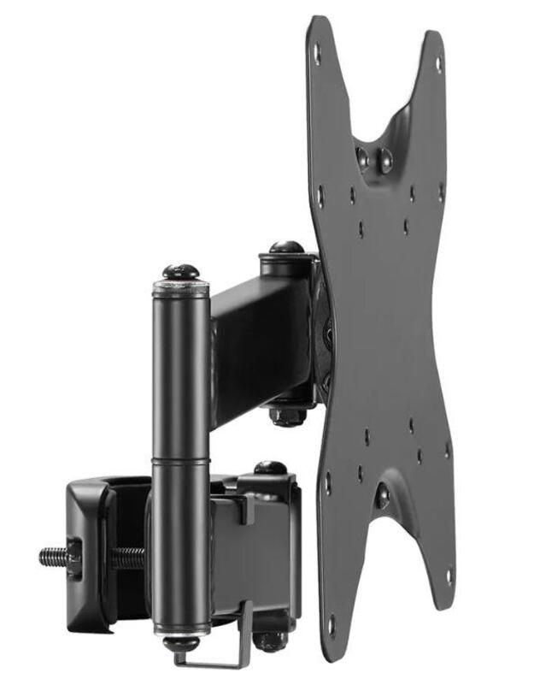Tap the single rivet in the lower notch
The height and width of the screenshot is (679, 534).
click(382, 494)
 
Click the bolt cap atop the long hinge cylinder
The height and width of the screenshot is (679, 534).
click(180, 272)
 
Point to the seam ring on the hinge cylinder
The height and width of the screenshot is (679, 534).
click(180, 462)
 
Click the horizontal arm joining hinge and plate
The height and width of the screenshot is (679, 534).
click(256, 342)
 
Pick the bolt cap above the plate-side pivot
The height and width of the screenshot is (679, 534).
click(286, 248)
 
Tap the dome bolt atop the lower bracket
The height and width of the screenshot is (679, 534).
click(270, 469)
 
